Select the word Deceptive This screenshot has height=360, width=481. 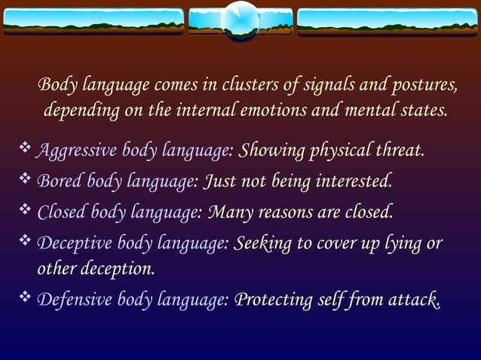[70, 244]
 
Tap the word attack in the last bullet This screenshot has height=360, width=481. [413, 300]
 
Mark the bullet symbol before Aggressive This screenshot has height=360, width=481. [24, 149]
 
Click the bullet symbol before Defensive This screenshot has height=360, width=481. [24, 298]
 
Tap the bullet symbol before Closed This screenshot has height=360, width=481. [24, 211]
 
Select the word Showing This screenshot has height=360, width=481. [268, 151]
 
